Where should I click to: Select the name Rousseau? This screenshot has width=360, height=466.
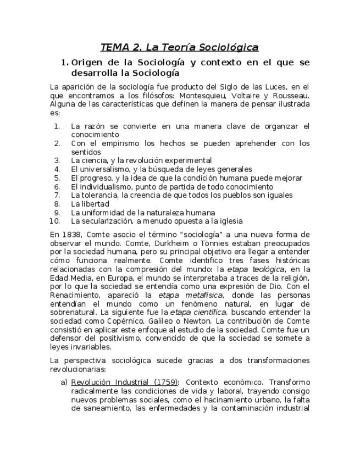tap(291, 95)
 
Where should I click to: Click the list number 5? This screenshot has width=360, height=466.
tap(57, 178)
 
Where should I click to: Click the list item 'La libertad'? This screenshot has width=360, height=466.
tap(90, 204)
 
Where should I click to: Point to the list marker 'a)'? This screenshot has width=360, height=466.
tap(64, 382)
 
